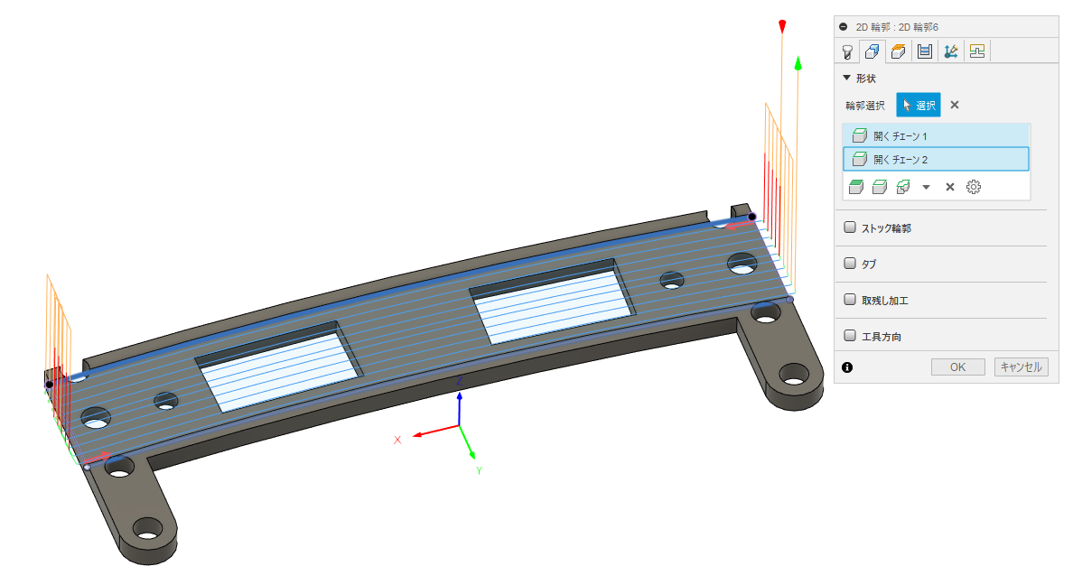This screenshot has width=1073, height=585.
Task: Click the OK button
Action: pyautogui.click(x=958, y=367)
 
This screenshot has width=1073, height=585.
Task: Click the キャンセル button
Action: pyautogui.click(x=1021, y=367)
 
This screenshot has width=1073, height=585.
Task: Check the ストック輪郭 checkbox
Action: pyautogui.click(x=850, y=228)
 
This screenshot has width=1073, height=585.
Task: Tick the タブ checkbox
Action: pyautogui.click(x=850, y=264)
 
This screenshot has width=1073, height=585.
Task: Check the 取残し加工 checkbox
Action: pyautogui.click(x=850, y=300)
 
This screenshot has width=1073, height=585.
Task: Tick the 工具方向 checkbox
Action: pyautogui.click(x=850, y=336)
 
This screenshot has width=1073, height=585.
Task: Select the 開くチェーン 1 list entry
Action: pyautogui.click(x=936, y=135)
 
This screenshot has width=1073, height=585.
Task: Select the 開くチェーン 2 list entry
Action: pyautogui.click(x=936, y=160)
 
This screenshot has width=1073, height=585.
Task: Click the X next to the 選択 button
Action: pyautogui.click(x=955, y=105)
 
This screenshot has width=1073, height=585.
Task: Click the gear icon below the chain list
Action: pyautogui.click(x=974, y=187)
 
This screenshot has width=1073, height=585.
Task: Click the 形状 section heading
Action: pyautogui.click(x=865, y=79)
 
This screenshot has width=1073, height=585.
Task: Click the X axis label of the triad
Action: pyautogui.click(x=397, y=440)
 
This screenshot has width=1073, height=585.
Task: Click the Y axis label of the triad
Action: pyautogui.click(x=479, y=470)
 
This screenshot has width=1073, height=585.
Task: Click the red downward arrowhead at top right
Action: pyautogui.click(x=783, y=27)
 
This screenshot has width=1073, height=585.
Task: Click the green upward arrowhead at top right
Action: pyautogui.click(x=798, y=63)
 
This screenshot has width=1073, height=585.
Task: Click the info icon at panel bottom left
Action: pyautogui.click(x=847, y=367)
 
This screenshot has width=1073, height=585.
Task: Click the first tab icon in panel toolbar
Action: pyautogui.click(x=847, y=51)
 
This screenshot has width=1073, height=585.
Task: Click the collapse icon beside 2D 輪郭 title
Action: pyautogui.click(x=844, y=27)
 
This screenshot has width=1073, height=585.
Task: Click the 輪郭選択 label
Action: pyautogui.click(x=865, y=106)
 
